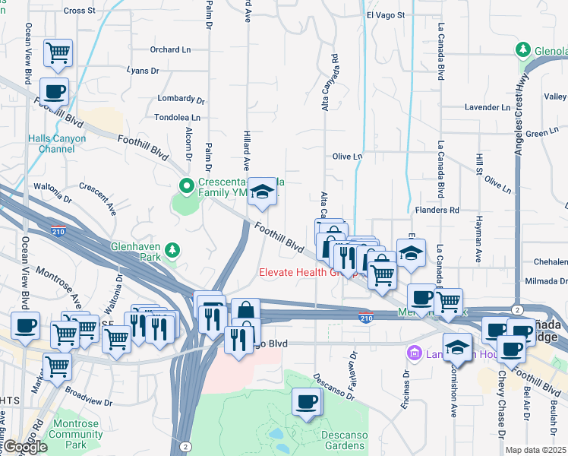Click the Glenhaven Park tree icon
pos(173,249)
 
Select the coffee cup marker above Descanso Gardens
pos(306,403)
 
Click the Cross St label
pos(80,11)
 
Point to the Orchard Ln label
pos(169,50)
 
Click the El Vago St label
pos(386,14)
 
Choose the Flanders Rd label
pos(438,210)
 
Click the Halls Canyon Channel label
pos(57,144)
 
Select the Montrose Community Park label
pos(76,440)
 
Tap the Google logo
pos(25,447)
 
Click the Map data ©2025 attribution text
pos(536,450)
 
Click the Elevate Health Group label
pos(308,272)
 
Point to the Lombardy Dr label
pos(181,100)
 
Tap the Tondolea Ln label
pos(177,118)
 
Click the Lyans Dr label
pos(143,71)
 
